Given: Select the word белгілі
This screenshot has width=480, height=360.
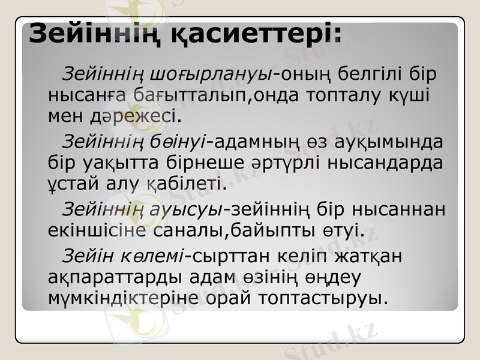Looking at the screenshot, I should (366, 75).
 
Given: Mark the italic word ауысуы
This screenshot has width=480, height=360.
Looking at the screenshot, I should (195, 209).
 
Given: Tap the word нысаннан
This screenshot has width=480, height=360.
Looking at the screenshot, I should (400, 209).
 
